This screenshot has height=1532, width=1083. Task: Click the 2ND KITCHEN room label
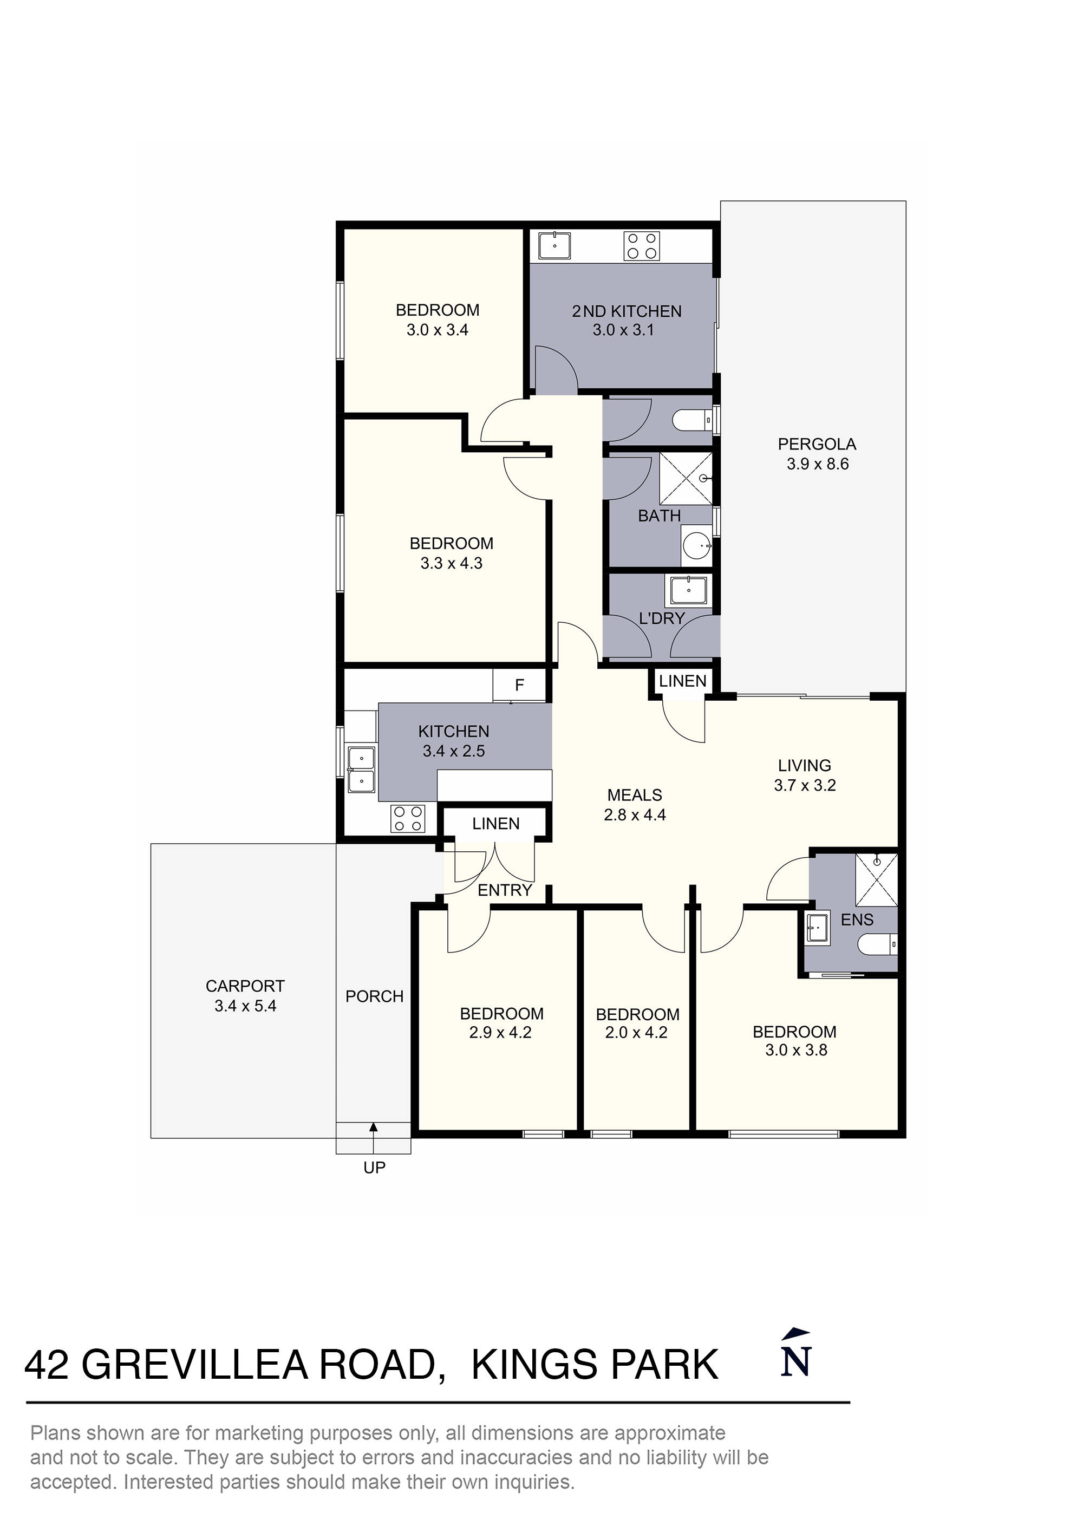(x=626, y=311)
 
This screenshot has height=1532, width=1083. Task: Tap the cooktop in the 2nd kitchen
(x=641, y=245)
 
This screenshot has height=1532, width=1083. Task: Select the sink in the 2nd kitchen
(x=554, y=245)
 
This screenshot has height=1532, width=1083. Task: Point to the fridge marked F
(x=519, y=684)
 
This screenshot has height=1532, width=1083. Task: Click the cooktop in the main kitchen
(x=408, y=819)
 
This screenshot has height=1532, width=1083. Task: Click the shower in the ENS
(x=876, y=879)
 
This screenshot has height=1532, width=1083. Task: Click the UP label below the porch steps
(x=374, y=1168)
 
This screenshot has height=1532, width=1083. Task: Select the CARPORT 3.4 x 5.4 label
(x=245, y=995)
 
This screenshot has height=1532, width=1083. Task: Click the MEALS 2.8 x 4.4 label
(x=634, y=805)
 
